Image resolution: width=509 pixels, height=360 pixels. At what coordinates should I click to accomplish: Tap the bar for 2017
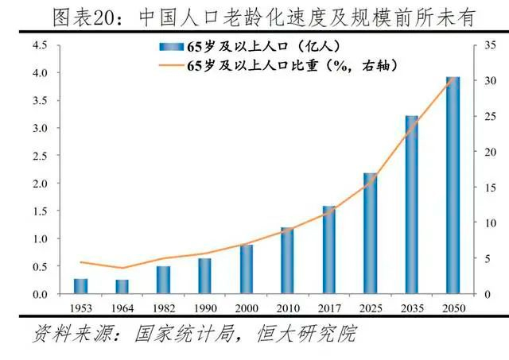point(328,250)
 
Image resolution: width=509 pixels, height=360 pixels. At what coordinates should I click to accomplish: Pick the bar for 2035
point(411,204)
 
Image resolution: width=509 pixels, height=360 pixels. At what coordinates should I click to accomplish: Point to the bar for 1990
point(204,276)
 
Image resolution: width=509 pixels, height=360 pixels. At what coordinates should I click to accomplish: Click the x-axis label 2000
point(246,306)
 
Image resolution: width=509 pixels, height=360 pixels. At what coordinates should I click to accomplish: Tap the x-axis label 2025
point(370,306)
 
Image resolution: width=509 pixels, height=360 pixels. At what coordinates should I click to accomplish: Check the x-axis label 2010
point(287,306)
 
